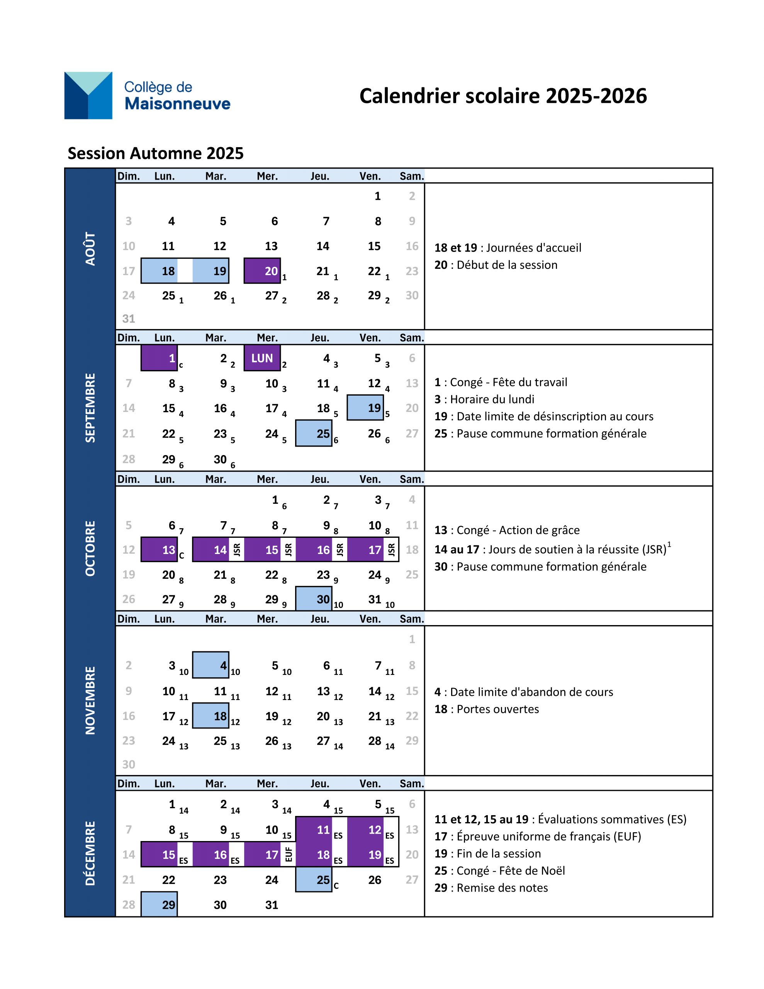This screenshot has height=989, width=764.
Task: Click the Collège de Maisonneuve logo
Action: [147, 95]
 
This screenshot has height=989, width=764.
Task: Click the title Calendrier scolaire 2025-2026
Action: [503, 96]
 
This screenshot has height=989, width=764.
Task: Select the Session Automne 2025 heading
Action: [155, 153]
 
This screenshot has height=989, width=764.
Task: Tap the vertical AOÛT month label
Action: [90, 249]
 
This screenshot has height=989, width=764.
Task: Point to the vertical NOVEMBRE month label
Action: [90, 700]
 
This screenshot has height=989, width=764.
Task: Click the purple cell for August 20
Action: [262, 271]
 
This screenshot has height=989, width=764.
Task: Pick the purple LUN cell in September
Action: [262, 358]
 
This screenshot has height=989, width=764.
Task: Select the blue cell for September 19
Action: [365, 408]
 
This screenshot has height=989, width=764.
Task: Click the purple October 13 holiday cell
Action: [159, 549]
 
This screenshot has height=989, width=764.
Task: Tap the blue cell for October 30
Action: [313, 599]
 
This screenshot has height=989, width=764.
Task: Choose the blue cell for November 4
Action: [211, 665]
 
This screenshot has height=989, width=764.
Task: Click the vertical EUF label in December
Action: [289, 854]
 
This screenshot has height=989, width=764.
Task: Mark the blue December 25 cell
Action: [313, 879]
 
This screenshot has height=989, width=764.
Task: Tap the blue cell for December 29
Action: [159, 904]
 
